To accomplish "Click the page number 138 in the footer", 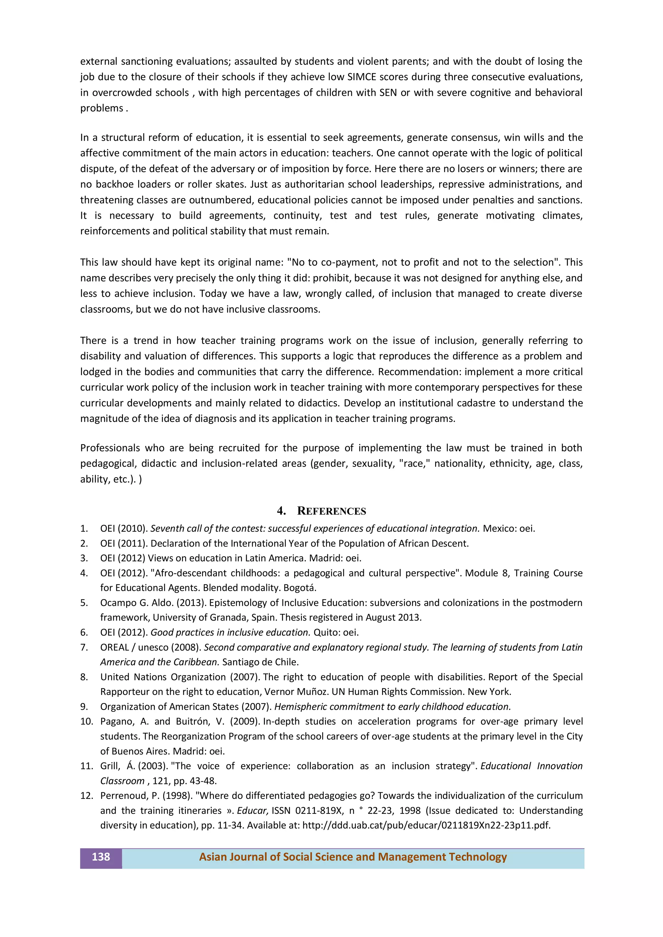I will coord(101,857).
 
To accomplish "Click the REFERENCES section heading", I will coord(331,511).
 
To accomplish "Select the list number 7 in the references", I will coord(84,647).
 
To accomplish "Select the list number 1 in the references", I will coord(84,528).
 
